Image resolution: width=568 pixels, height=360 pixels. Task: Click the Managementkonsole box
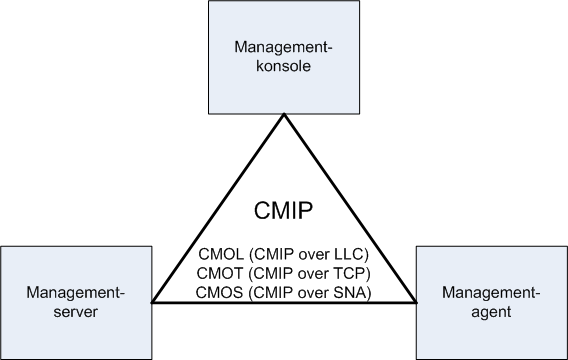pyautogui.click(x=283, y=58)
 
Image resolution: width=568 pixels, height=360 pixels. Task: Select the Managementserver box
pyautogui.click(x=77, y=300)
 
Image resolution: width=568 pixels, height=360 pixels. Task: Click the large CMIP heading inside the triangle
pyautogui.click(x=283, y=211)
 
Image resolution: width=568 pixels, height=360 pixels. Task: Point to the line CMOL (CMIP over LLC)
pyautogui.click(x=283, y=250)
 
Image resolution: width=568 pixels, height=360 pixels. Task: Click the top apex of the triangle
pyautogui.click(x=283, y=115)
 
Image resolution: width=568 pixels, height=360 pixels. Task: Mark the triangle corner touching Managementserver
pyautogui.click(x=152, y=301)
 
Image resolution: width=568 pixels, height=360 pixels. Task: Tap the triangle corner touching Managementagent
pyautogui.click(x=415, y=301)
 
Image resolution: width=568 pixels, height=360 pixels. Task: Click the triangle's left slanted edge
pyautogui.click(x=218, y=208)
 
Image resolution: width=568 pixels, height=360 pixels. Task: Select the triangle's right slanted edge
pyautogui.click(x=349, y=208)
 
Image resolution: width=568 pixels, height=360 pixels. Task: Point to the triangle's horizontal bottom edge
pyautogui.click(x=283, y=301)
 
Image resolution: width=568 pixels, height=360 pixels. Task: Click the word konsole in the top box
pyautogui.click(x=283, y=67)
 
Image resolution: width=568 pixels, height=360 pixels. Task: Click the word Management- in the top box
pyautogui.click(x=283, y=47)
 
